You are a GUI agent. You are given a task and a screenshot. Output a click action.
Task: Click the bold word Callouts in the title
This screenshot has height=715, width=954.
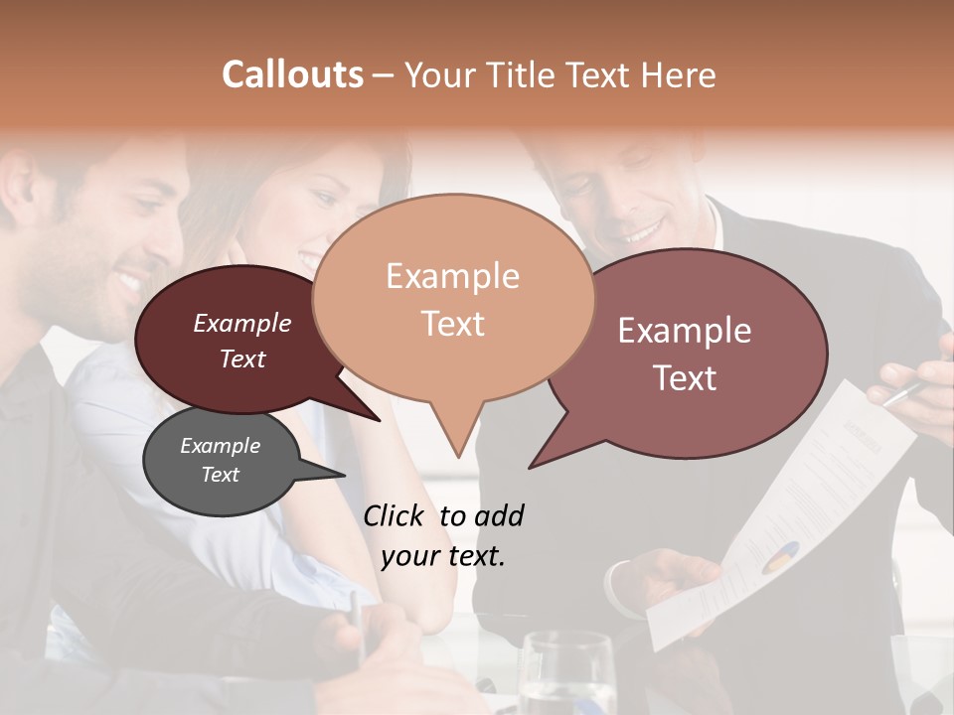(292, 74)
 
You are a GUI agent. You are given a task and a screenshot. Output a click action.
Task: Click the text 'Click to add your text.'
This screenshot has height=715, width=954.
(443, 535)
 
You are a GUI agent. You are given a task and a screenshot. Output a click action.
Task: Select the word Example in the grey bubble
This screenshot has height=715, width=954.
(220, 446)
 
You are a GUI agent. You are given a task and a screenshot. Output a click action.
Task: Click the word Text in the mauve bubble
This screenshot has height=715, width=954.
(685, 378)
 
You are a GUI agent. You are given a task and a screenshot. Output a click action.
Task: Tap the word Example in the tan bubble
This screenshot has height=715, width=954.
(452, 276)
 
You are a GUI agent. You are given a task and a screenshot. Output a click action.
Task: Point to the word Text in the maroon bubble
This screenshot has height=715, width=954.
(242, 359)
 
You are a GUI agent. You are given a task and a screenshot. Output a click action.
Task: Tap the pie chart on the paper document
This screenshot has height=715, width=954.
(781, 558)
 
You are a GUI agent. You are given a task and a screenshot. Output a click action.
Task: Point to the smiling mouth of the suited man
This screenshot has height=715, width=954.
(642, 233)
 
